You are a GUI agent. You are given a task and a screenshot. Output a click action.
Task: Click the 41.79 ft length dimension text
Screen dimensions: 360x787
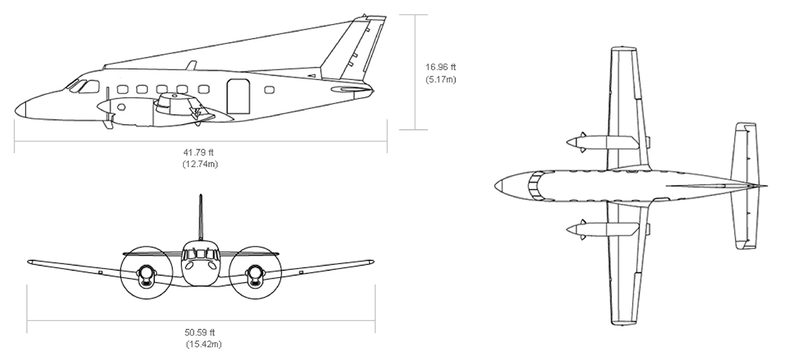click(x=201, y=152)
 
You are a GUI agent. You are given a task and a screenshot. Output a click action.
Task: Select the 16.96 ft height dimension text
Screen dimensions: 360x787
click(x=441, y=66)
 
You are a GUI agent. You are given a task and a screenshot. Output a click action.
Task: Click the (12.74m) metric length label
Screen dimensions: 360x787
click(x=201, y=164)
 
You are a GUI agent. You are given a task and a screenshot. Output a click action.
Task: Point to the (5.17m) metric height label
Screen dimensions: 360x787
click(x=441, y=79)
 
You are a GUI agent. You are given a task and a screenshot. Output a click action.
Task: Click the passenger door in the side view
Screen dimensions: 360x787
click(x=239, y=96)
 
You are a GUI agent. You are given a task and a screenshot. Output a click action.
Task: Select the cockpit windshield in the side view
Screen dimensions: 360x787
click(x=80, y=85)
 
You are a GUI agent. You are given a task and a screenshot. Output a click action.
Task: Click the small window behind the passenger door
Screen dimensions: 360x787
click(x=269, y=90)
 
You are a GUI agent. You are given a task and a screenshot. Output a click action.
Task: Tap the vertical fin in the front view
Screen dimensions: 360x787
click(x=201, y=218)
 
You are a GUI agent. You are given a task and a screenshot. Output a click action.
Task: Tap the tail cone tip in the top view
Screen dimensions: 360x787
click(x=766, y=186)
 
